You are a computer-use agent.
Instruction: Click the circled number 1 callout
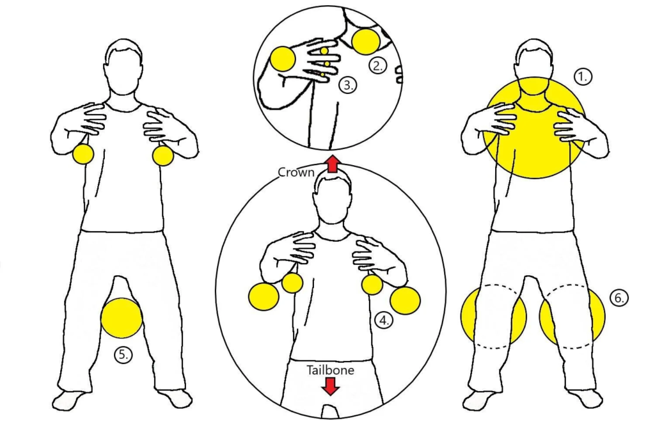583,76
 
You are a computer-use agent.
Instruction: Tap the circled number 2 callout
378,65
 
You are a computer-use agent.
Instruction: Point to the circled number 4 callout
384,320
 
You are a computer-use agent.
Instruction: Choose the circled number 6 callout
619,298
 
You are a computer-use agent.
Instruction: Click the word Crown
296,172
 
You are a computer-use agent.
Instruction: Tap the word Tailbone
331,370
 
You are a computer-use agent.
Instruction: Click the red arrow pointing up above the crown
332,164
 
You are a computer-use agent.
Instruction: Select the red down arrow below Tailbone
331,386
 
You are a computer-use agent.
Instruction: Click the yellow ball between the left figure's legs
122,318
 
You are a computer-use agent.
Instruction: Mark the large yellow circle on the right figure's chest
533,127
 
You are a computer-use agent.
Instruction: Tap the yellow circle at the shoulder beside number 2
366,42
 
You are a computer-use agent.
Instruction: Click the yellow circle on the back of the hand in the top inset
283,58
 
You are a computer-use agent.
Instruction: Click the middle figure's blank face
333,200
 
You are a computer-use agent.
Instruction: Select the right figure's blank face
535,67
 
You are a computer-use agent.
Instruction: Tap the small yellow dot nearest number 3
322,74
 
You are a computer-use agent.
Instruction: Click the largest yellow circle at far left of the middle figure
264,296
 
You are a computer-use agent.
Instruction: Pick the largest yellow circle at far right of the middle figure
405,300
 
